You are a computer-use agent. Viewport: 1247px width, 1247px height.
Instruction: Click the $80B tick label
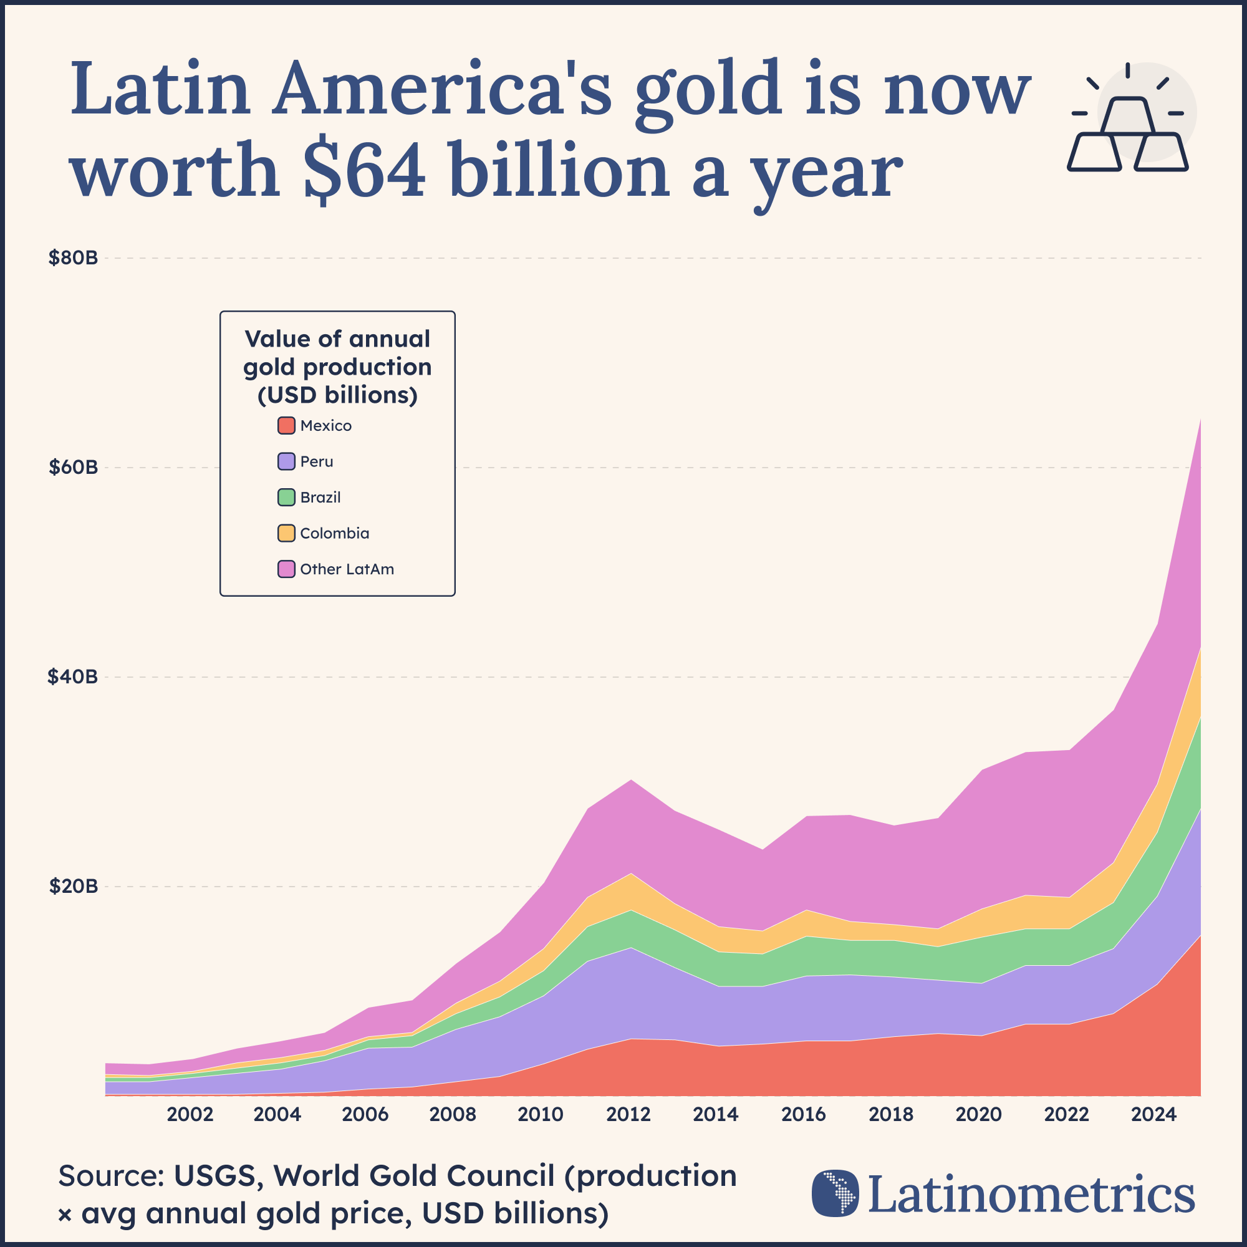click(73, 258)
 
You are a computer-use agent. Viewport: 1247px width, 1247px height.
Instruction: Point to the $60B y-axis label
click(73, 467)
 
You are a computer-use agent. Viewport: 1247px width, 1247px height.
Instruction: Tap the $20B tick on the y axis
click(73, 886)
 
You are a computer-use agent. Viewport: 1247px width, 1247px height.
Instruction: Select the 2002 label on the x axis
click(190, 1115)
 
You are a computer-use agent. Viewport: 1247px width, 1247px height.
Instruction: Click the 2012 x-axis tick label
click(628, 1115)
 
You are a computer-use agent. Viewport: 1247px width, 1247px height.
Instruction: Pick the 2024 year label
click(1154, 1115)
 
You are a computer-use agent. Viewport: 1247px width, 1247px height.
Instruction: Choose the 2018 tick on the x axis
click(891, 1115)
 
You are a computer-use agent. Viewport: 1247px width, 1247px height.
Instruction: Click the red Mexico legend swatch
click(286, 425)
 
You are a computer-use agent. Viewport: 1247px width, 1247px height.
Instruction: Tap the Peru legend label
click(316, 461)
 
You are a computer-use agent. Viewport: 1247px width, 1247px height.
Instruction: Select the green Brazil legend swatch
click(286, 497)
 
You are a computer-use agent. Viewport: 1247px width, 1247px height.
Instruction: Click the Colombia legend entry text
click(334, 533)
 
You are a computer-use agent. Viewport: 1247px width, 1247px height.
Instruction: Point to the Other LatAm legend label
click(347, 569)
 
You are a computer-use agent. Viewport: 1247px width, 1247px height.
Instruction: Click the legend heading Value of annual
click(337, 339)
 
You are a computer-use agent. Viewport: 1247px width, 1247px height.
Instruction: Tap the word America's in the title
click(441, 89)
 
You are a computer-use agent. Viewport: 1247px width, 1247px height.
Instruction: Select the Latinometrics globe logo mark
click(835, 1193)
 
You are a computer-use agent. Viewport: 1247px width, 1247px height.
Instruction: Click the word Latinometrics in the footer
click(1031, 1195)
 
